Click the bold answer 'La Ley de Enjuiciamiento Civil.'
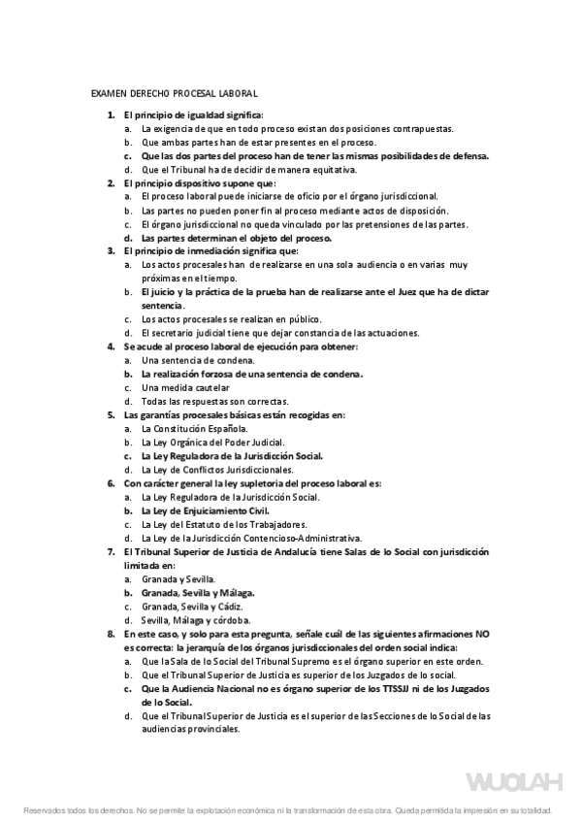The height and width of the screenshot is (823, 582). pos(205,510)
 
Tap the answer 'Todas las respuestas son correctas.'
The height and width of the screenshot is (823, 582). pos(214,401)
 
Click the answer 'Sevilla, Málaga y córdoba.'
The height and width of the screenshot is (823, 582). pos(196,619)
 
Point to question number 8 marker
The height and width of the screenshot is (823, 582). pos(111,633)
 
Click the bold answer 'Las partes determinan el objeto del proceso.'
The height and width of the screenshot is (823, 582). pos(236,237)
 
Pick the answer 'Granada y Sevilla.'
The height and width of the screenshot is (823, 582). pos(181,578)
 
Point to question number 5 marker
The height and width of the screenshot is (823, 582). pos(111,414)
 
